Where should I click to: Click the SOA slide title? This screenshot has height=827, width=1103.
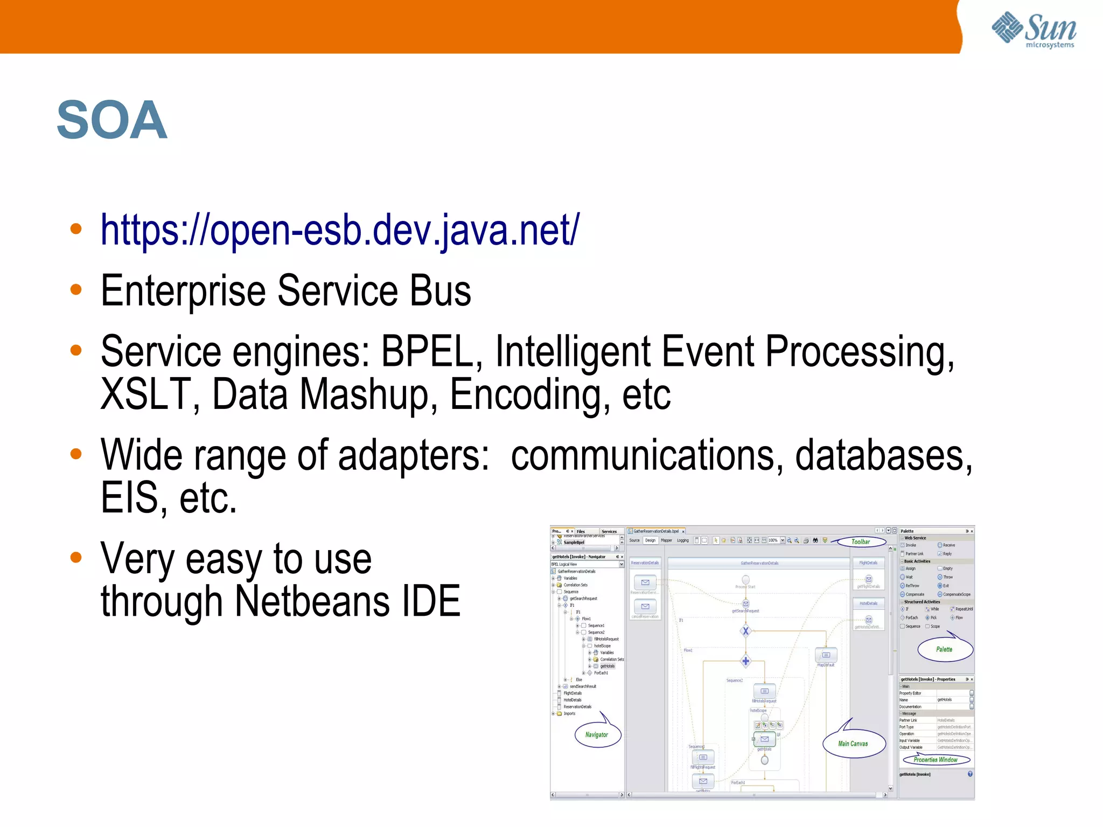click(x=112, y=120)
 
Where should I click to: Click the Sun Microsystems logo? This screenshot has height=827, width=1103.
click(x=1034, y=30)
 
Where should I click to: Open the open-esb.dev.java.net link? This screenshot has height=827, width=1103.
click(x=340, y=231)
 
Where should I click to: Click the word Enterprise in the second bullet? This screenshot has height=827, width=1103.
click(x=183, y=291)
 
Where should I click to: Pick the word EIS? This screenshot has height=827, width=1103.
click(x=129, y=498)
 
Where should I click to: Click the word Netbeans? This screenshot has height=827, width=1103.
click(x=311, y=602)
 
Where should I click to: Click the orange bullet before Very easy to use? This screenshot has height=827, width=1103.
click(x=76, y=557)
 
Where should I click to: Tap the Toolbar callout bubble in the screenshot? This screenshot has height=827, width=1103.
click(x=860, y=541)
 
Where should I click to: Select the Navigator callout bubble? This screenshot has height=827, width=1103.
click(x=597, y=735)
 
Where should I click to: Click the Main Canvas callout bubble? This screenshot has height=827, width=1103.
click(x=853, y=744)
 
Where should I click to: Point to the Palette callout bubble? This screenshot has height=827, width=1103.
click(x=944, y=649)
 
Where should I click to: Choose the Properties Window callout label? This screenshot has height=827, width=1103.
click(x=936, y=760)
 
